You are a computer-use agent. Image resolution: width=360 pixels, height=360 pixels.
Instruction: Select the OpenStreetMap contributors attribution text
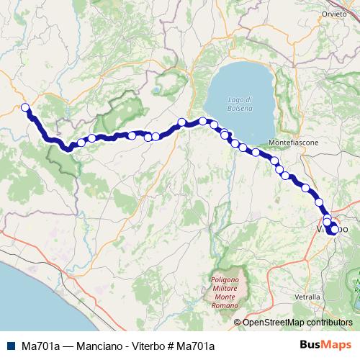[297, 322]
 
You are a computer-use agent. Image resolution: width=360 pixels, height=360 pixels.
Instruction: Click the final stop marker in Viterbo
[333, 230]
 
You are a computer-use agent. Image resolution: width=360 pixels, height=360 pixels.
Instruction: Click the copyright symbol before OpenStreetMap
[237, 322]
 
